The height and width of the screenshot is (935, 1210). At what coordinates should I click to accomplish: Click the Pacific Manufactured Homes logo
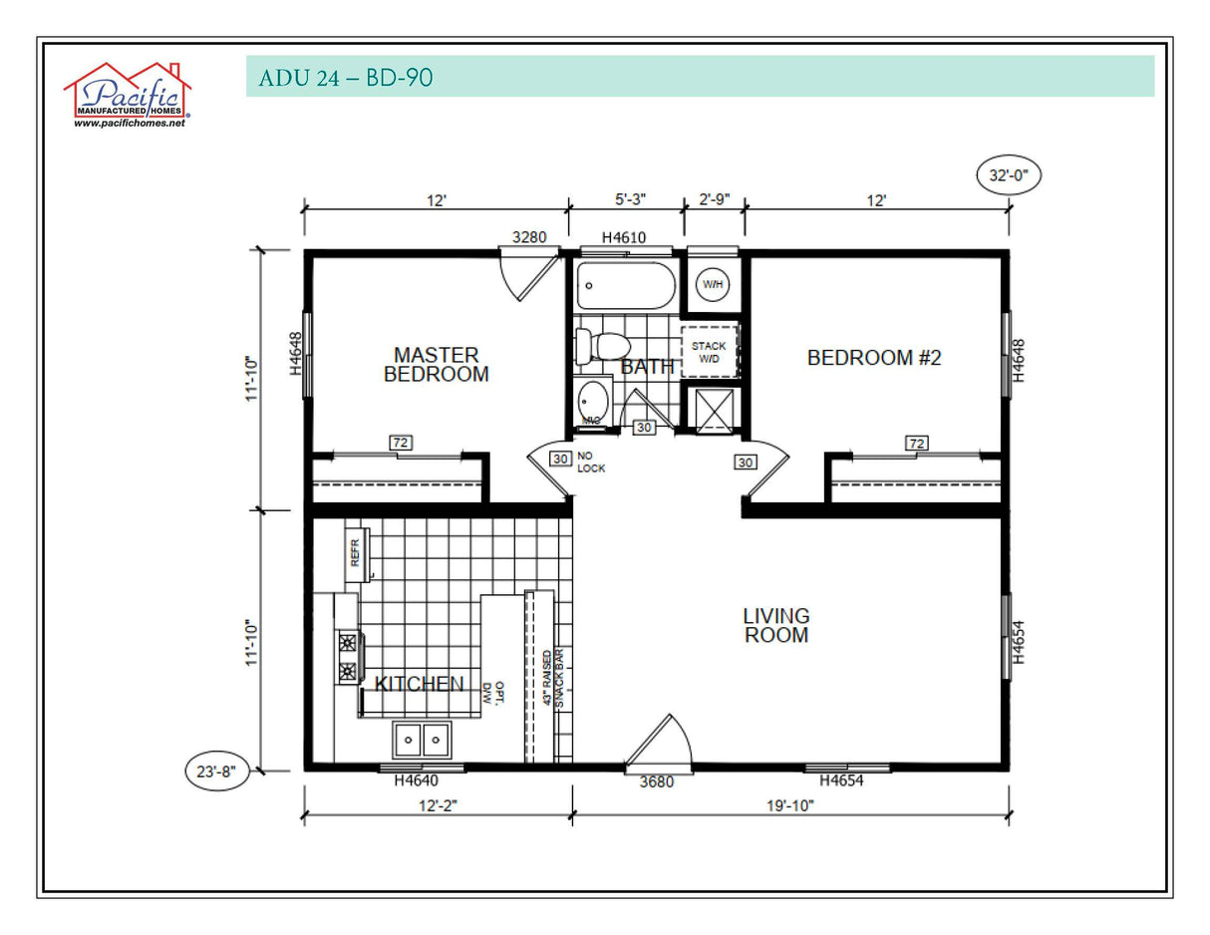coord(128,96)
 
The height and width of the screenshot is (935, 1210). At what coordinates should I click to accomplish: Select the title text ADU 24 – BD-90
coord(345,78)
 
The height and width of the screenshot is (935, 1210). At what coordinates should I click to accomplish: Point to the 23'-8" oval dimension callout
coord(217,772)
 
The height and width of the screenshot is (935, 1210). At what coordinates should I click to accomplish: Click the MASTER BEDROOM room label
coord(436,365)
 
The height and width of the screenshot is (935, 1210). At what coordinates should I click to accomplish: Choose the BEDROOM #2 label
coord(873,358)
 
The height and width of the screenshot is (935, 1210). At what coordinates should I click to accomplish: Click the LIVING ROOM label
coord(775,626)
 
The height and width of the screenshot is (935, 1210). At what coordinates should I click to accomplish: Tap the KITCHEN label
coord(419,684)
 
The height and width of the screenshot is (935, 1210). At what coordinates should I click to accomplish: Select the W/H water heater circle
coord(713,284)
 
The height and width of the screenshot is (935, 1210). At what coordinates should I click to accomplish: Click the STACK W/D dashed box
coord(711,351)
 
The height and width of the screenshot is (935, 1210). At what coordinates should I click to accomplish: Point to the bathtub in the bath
coord(626,286)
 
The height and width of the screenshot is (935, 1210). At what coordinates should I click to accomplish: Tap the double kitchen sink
coord(421,740)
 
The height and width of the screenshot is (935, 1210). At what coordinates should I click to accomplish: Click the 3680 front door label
coord(656,782)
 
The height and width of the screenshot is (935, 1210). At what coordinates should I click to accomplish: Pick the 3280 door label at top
coord(529,238)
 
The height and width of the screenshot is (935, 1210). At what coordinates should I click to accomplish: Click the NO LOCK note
coord(590,462)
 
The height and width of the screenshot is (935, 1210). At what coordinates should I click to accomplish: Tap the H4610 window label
coord(625,238)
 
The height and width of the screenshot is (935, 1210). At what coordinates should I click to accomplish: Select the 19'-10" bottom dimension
coord(790,805)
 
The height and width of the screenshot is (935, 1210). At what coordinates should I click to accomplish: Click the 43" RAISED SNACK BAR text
coord(553,679)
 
